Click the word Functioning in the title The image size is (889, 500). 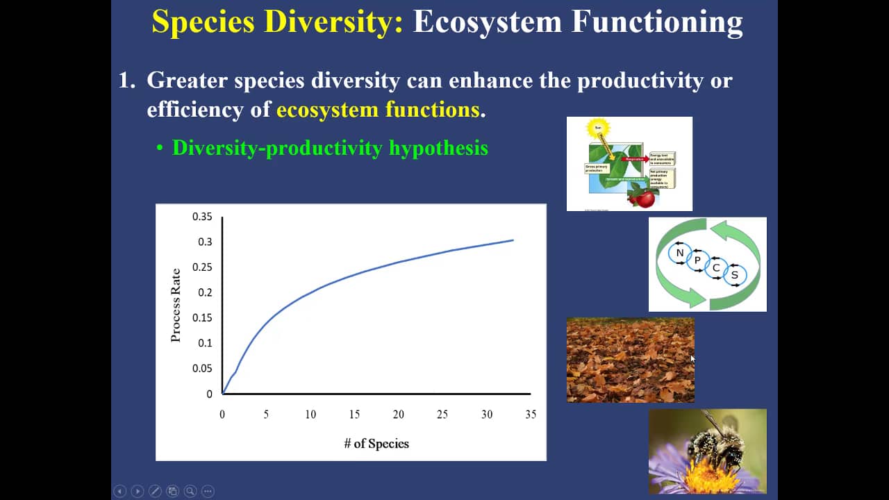[656, 22]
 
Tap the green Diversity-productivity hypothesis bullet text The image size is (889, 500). [330, 148]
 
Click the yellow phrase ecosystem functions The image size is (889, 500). [378, 110]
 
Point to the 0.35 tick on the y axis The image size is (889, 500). [202, 217]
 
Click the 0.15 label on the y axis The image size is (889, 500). [202, 317]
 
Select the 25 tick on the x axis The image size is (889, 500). [442, 415]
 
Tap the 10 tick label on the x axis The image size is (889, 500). [310, 415]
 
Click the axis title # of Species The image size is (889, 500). [376, 444]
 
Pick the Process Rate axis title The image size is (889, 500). [176, 305]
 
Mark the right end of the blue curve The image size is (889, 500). [513, 240]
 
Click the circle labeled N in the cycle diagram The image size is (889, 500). [680, 253]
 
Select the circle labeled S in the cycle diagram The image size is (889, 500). [735, 275]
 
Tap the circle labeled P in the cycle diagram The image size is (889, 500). [697, 260]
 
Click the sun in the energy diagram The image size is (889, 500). [597, 128]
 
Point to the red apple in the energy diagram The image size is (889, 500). [645, 199]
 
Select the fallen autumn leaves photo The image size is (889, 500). [630, 360]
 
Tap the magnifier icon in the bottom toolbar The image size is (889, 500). [190, 491]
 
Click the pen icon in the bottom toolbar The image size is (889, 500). [155, 491]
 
